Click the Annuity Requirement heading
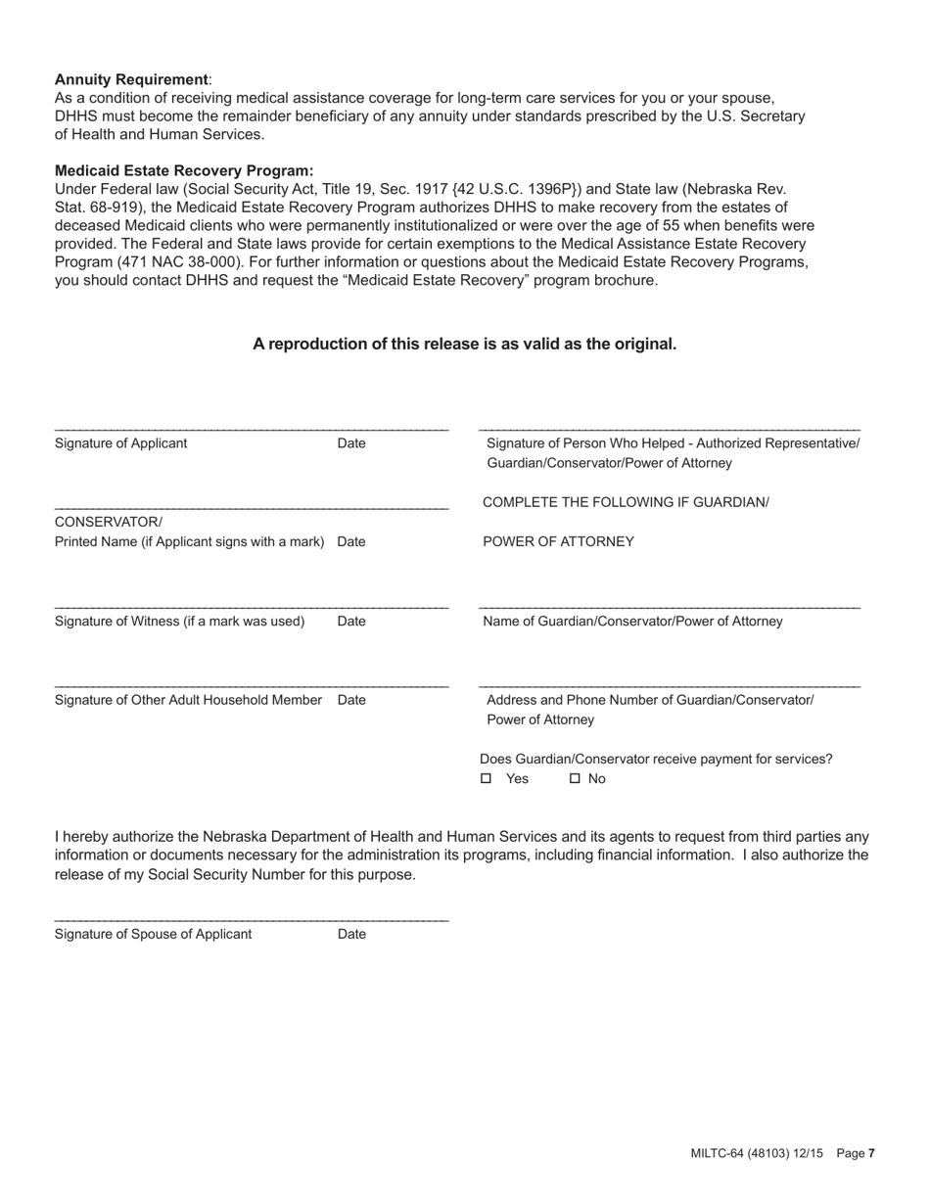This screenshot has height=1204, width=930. (131, 79)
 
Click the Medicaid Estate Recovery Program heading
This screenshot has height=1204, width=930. (184, 170)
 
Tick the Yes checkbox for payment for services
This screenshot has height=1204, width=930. (487, 779)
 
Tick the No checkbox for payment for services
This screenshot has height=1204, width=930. (576, 779)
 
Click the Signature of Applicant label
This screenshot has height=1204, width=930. (120, 443)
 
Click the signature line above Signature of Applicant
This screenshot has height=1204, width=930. (252, 431)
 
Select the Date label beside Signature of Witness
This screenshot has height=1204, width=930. (351, 622)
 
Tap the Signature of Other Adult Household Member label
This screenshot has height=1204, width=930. (188, 701)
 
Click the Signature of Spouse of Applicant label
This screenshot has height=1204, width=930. (153, 935)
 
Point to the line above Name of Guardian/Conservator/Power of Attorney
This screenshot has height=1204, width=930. (670, 609)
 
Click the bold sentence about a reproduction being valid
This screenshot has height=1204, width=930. (464, 345)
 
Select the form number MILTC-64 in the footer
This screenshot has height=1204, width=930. (719, 1154)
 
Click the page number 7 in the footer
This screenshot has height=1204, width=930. (871, 1154)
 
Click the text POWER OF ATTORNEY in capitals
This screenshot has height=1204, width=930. (558, 542)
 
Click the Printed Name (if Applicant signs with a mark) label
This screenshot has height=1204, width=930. (189, 542)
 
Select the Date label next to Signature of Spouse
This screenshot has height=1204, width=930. (351, 935)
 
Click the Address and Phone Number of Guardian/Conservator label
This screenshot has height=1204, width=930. (650, 701)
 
